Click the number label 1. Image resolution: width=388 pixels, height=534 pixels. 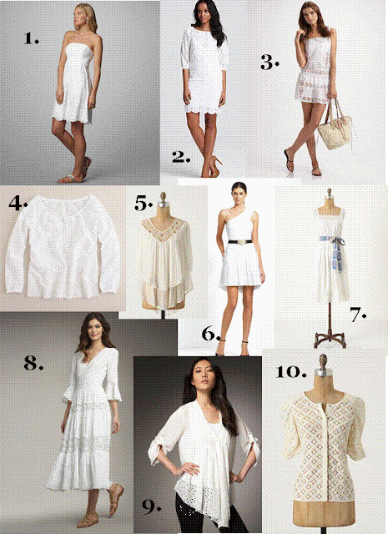pyautogui.click(x=32, y=38)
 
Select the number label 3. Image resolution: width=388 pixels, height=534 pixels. pyautogui.click(x=270, y=63)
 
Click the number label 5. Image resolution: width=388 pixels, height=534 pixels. pyautogui.click(x=143, y=204)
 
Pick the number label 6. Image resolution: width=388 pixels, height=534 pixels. pyautogui.click(x=211, y=334)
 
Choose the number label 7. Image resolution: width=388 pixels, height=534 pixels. pyautogui.click(x=358, y=315)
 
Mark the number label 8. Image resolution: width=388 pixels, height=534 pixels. pyautogui.click(x=33, y=363)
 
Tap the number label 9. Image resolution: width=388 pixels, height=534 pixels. pyautogui.click(x=151, y=507)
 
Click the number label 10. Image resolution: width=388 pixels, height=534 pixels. pyautogui.click(x=291, y=371)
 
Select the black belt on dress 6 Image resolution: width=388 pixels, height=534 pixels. pyautogui.click(x=240, y=241)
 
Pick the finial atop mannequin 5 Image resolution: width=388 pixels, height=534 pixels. pyautogui.click(x=164, y=199)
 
